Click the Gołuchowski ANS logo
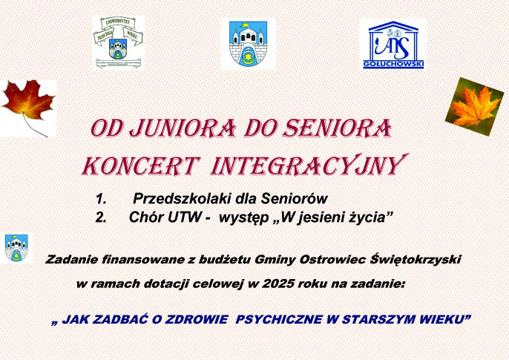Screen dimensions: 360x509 (x=393, y=44)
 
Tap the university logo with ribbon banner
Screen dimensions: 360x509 (x=118, y=42)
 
